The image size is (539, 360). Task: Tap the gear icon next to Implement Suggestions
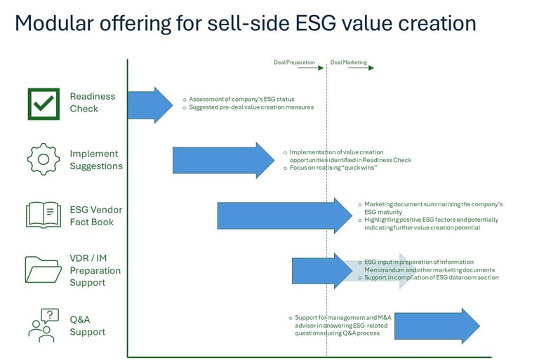(43, 159)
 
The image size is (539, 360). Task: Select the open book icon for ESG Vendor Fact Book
(44, 215)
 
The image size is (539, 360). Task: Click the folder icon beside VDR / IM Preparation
(44, 269)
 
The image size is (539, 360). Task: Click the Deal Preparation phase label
(294, 62)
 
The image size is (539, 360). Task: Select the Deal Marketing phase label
(348, 62)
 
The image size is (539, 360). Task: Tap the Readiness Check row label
(93, 102)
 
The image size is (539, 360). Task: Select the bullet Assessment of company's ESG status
(241, 99)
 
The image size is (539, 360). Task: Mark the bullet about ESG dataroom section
(432, 278)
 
